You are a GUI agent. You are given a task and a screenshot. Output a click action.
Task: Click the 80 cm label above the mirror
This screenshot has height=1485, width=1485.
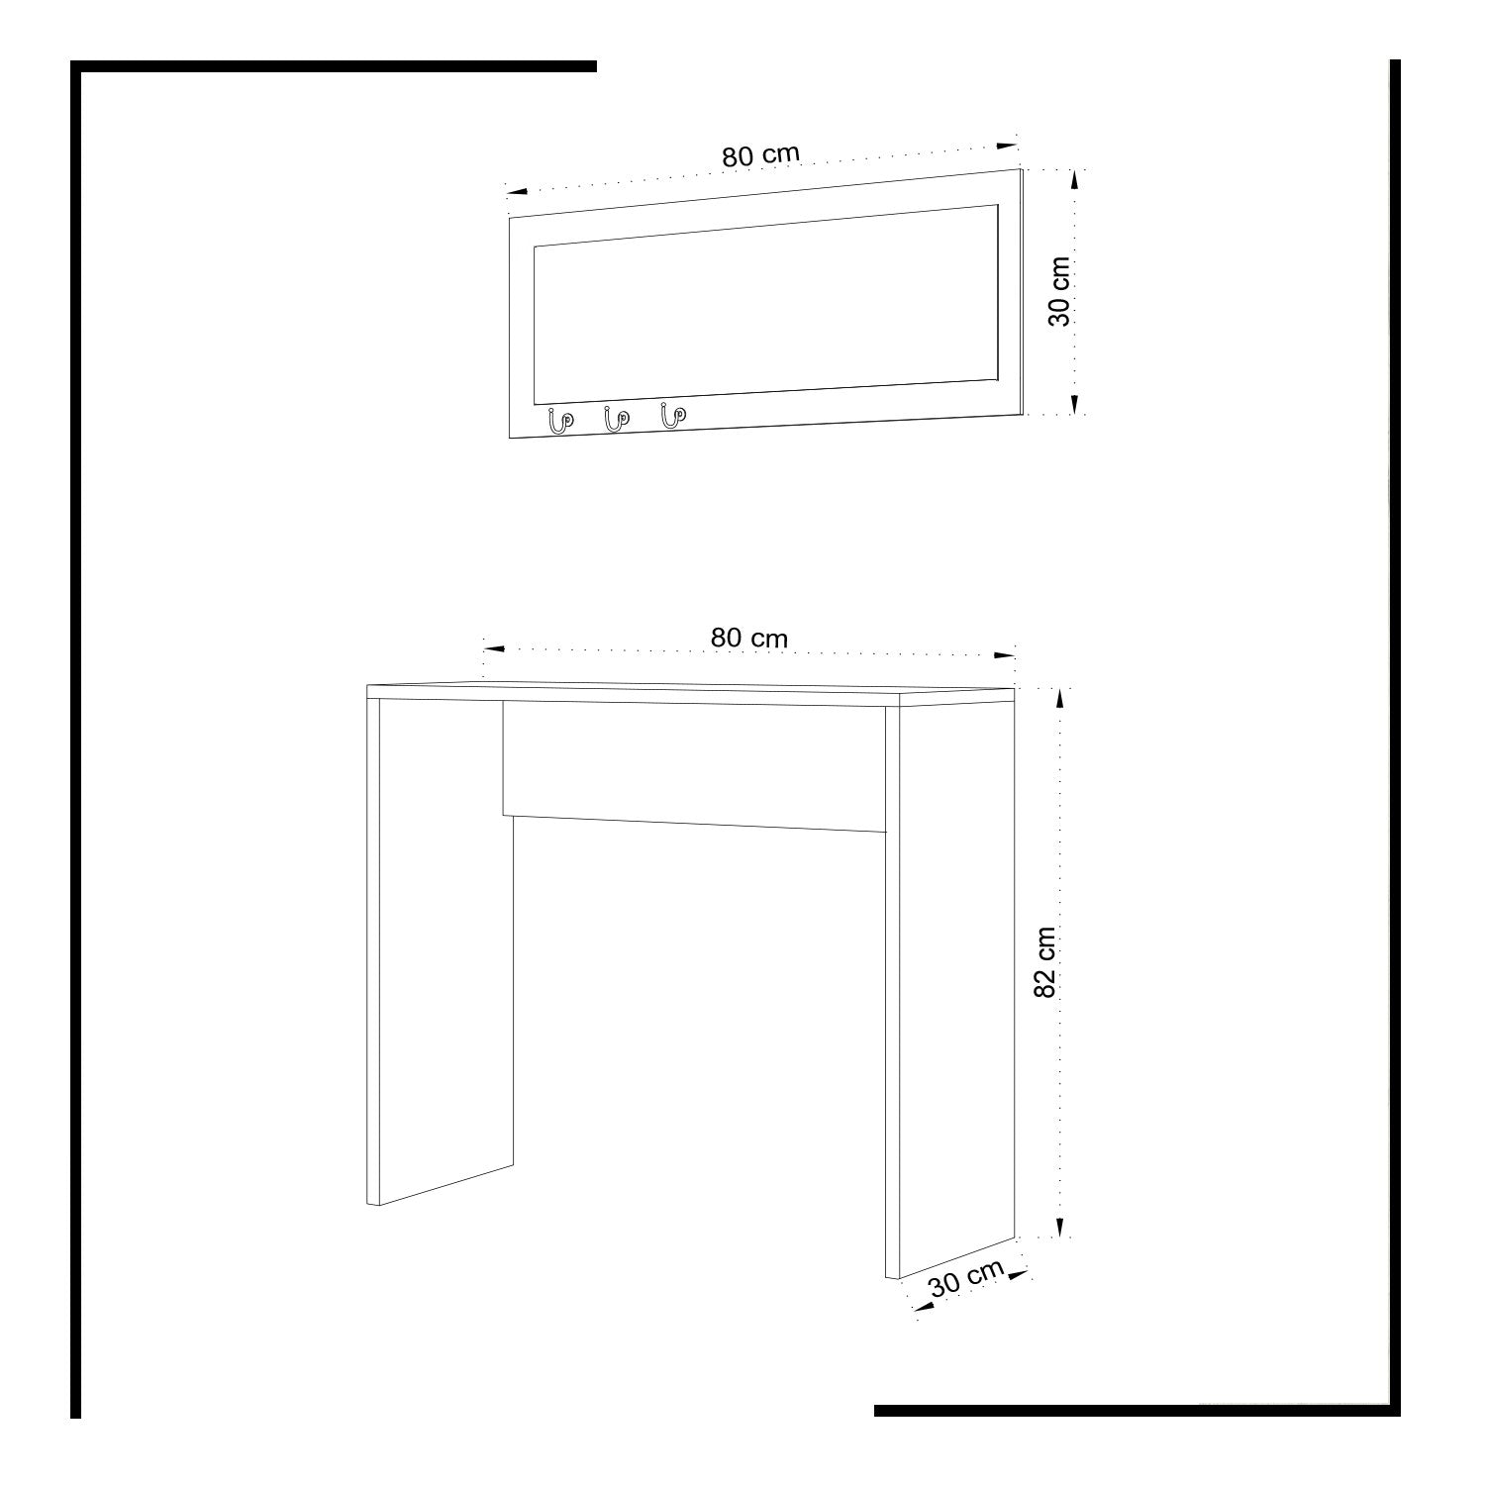(759, 155)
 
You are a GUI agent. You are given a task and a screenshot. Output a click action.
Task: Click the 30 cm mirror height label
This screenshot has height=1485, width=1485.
(1058, 291)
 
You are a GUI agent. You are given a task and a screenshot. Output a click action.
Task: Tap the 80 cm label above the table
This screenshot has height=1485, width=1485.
(749, 638)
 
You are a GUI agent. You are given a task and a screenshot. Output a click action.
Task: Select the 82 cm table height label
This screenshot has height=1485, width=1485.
(1046, 961)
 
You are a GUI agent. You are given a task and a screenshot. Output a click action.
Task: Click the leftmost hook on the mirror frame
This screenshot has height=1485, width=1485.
(559, 421)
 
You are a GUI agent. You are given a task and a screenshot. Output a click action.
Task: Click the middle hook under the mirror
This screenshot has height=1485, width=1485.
(616, 419)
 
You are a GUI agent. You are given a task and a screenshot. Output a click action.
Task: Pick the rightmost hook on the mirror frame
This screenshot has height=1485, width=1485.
(673, 416)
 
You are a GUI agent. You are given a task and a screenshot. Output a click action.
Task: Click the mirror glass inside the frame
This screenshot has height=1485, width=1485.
(765, 305)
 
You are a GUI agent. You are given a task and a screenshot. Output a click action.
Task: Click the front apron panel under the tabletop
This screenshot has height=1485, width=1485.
(694, 767)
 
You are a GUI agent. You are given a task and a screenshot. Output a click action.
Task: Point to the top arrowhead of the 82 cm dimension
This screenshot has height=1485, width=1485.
(1060, 700)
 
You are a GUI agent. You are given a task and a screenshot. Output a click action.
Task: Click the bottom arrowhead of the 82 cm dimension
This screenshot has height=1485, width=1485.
(1060, 1227)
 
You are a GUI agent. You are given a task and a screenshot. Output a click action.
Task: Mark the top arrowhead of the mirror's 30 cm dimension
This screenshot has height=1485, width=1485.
(1075, 181)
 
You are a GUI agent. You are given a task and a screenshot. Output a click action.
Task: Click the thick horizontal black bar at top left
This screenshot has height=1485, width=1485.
(334, 66)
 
